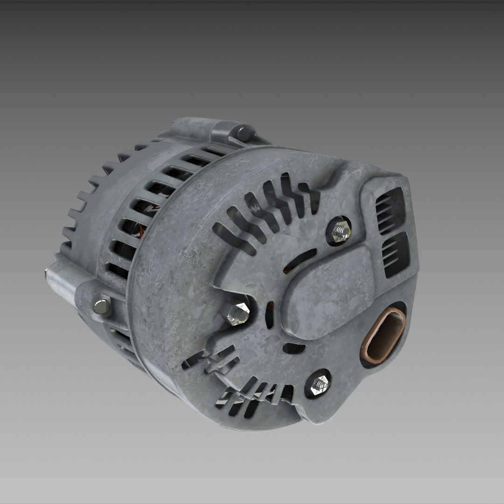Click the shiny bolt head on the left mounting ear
101,307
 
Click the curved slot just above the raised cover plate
304,256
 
